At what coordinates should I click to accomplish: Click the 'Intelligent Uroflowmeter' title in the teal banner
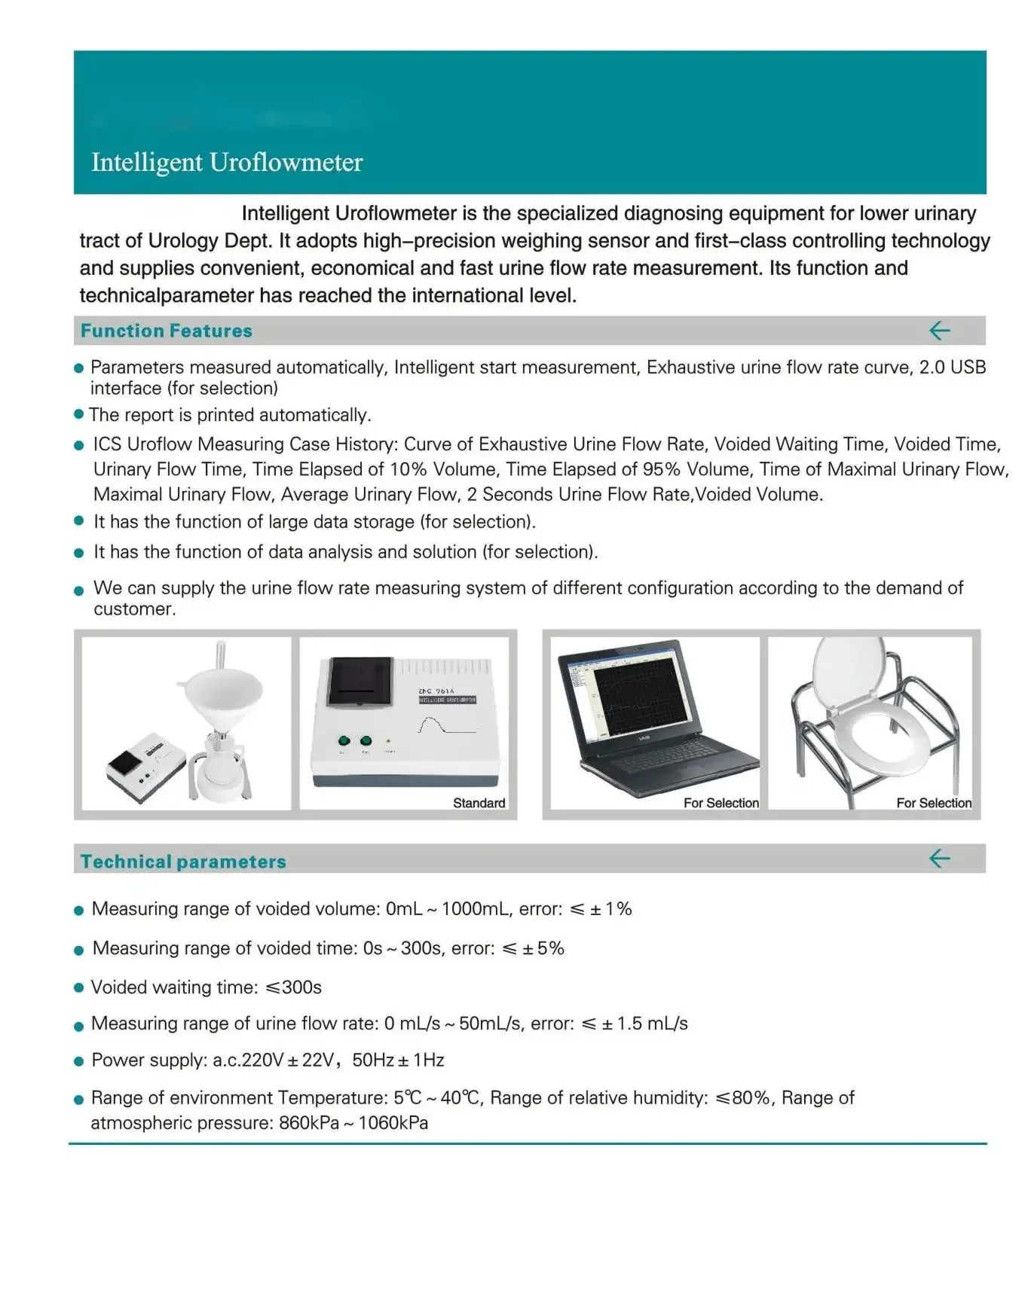pos(227,163)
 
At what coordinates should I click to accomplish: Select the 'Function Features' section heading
pos(167,331)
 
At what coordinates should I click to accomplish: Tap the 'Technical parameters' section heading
pos(183,862)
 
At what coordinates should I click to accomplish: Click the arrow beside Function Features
pos(939,331)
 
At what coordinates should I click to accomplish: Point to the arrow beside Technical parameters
pos(939,859)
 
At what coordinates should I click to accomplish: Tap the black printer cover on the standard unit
pos(361,680)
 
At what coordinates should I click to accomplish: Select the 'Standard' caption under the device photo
pos(479,803)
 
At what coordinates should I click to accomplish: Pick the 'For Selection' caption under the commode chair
pos(933,803)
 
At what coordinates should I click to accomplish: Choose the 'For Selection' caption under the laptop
pos(720,803)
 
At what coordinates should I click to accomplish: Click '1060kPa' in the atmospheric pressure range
pos(393,1123)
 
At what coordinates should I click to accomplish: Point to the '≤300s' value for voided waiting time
pos(294,987)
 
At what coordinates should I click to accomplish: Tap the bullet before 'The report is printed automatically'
pos(78,414)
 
